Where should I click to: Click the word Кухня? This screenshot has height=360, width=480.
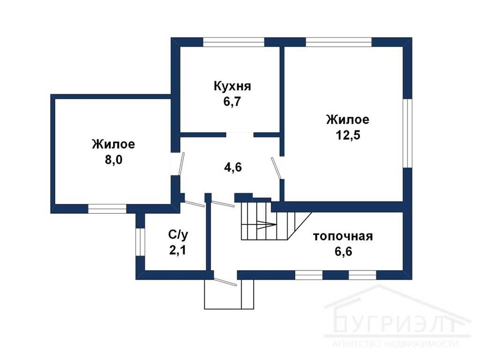click(232, 86)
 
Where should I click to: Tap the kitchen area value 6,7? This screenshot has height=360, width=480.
click(232, 101)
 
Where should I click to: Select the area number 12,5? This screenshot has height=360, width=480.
click(348, 135)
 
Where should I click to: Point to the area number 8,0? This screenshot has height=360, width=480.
click(113, 159)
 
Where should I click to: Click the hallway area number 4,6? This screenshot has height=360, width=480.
click(233, 167)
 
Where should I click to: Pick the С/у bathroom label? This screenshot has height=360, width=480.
click(178, 235)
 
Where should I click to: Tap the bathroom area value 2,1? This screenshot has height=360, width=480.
click(178, 250)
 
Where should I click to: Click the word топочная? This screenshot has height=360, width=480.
click(343, 236)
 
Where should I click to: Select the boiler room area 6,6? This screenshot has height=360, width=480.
click(344, 251)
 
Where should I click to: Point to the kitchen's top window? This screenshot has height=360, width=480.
click(233, 42)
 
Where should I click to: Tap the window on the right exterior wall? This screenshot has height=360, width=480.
click(407, 133)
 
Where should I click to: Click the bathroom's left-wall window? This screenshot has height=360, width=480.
click(140, 242)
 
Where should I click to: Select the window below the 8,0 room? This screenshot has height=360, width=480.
click(107, 209)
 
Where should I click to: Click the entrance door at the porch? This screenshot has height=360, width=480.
click(225, 282)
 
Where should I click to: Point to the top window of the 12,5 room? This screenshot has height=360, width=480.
click(338, 42)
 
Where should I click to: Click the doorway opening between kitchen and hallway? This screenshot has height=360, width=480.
click(240, 135)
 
